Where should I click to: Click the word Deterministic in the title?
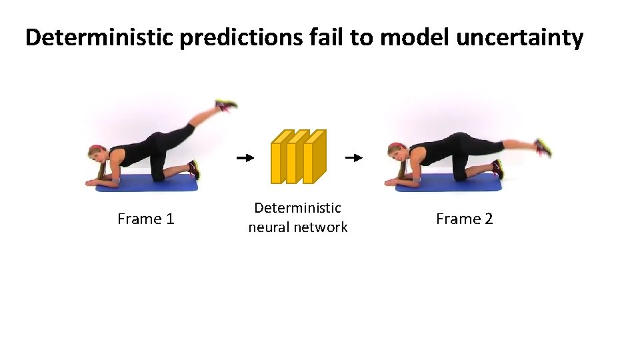[99, 38]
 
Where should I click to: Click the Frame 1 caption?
[145, 219]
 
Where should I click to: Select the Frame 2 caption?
[464, 219]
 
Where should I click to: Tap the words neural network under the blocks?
[297, 227]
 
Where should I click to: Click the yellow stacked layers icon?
[298, 157]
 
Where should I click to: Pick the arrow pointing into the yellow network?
[245, 158]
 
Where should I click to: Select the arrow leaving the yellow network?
[353, 158]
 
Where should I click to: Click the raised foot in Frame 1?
[226, 105]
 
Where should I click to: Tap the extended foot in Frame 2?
[543, 147]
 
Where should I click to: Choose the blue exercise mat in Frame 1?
[147, 183]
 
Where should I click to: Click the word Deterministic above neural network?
[297, 208]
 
